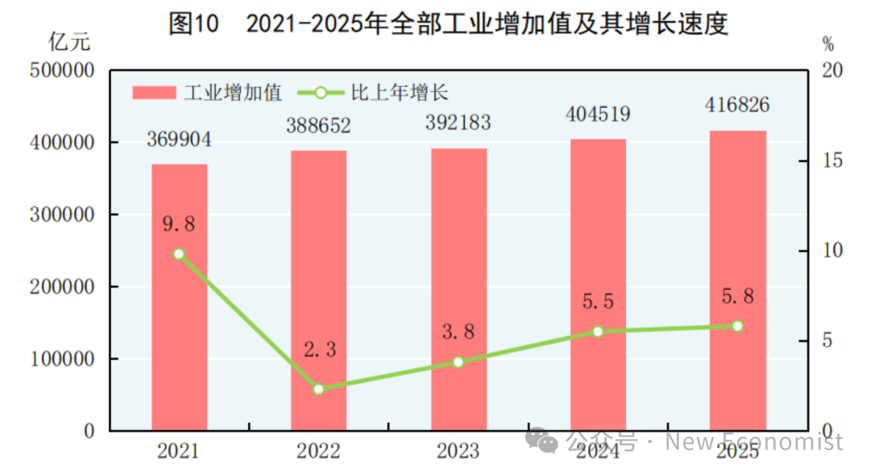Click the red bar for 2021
coord(179,297)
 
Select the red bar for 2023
coord(458,289)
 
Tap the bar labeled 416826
coord(737,280)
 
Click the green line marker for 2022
coord(318,389)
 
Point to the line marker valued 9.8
coord(179,254)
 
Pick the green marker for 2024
coord(598,332)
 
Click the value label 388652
coord(318,126)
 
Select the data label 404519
coord(598,114)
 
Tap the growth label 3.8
coord(458,332)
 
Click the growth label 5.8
coord(737,296)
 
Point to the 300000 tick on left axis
coord(62,215)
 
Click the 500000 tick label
coord(62,70)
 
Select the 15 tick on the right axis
coord(832,161)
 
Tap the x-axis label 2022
coord(318,451)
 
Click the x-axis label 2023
coord(458,451)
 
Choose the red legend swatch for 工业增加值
coord(154,93)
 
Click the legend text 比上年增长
coord(400,93)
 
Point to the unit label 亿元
coord(69,42)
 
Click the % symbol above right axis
coord(828,43)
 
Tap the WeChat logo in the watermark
coord(541,440)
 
